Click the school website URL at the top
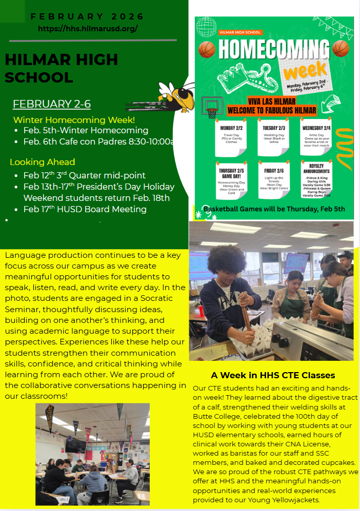[88, 29]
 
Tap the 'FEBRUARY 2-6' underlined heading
[52, 104]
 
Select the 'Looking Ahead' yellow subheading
[43, 162]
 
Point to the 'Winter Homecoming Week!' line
[74, 120]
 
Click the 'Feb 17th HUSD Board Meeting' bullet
[85, 209]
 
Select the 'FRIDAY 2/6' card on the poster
[274, 180]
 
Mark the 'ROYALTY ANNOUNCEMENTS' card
[317, 181]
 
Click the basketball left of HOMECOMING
[207, 49]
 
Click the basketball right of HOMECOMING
[341, 49]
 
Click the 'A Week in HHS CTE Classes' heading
[273, 375]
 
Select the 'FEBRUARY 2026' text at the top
[88, 16]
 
